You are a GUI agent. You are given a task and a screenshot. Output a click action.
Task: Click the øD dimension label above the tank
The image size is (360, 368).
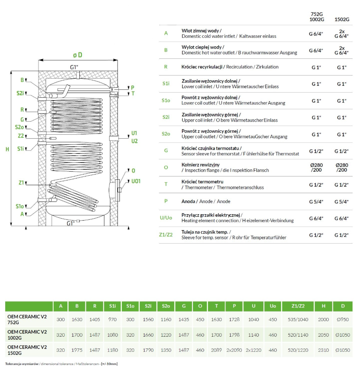tap(77, 55)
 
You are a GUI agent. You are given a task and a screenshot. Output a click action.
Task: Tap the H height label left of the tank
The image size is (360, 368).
tap(7, 149)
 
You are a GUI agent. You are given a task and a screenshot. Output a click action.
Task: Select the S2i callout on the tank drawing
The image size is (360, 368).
tap(20, 93)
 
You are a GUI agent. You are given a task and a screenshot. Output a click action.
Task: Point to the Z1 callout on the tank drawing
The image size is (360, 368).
tap(21, 182)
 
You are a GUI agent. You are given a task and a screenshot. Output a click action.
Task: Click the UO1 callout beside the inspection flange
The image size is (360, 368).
tap(136, 181)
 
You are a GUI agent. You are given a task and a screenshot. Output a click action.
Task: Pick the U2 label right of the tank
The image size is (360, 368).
tap(135, 141)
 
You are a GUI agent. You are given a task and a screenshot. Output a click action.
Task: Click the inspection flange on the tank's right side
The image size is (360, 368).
tap(117, 190)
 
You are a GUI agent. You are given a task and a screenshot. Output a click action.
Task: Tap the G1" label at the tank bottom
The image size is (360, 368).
tap(71, 223)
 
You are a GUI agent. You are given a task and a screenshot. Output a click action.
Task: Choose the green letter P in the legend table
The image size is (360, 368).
tap(166, 201)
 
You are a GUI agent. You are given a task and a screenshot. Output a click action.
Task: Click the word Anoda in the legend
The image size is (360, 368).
tap(188, 201)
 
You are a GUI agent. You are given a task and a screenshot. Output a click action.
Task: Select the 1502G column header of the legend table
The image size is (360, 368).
tap(342, 19)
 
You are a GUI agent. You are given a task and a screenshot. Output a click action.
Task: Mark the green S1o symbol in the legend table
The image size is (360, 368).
tap(166, 101)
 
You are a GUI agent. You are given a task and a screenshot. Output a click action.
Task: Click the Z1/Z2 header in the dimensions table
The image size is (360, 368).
tap(298, 306)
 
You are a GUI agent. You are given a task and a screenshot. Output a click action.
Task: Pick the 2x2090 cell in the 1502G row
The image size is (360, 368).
tap(234, 350)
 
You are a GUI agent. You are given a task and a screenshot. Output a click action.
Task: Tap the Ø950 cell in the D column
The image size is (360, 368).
tap(343, 320)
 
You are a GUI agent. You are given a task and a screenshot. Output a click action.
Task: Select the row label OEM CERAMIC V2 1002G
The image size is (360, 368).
tap(27, 335)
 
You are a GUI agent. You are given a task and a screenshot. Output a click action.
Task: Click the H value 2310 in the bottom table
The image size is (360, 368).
tap(323, 350)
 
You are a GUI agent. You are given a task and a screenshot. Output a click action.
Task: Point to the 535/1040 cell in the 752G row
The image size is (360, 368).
tap(298, 320)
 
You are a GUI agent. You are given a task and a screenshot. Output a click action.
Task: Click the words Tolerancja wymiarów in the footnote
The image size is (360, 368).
tap(22, 364)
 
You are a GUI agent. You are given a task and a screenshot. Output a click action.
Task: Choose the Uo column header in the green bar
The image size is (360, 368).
tap(273, 306)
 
